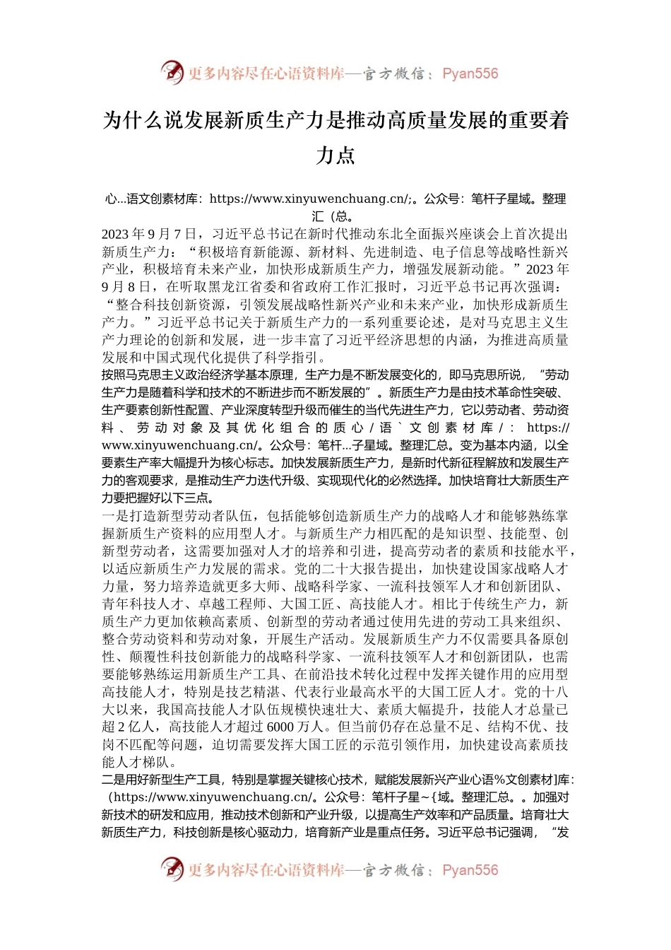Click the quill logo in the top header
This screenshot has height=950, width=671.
tap(172, 73)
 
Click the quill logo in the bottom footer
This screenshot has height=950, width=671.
tap(172, 869)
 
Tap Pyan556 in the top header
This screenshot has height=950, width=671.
tap(470, 74)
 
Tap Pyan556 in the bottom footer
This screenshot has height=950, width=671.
tap(470, 870)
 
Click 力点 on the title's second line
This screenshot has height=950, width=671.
tap(335, 156)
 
